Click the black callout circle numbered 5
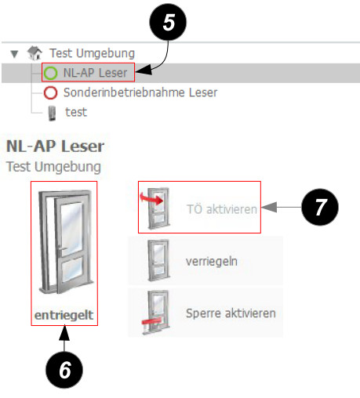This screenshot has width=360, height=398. (x=168, y=22)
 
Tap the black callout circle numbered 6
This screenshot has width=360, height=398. (x=64, y=370)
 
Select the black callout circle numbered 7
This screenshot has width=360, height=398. (x=320, y=207)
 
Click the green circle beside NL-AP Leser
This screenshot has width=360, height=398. (x=50, y=73)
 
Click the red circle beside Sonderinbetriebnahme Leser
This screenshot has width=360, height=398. (x=50, y=92)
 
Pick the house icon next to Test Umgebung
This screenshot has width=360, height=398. (x=35, y=53)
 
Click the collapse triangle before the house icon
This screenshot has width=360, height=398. (x=14, y=54)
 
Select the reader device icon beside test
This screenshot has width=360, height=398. (x=53, y=113)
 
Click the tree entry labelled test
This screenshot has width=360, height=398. (x=76, y=112)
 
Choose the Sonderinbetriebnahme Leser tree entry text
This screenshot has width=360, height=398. (x=140, y=92)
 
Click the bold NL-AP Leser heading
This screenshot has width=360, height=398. (x=55, y=147)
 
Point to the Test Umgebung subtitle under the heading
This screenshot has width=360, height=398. (x=53, y=167)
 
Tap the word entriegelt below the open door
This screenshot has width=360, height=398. (x=64, y=315)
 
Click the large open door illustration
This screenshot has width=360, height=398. (x=65, y=241)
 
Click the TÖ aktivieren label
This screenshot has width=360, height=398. (x=222, y=209)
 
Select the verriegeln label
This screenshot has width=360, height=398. (x=212, y=261)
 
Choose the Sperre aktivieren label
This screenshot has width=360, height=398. (x=231, y=313)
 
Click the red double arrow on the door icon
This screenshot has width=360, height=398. (x=151, y=198)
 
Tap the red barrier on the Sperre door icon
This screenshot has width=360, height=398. (x=151, y=321)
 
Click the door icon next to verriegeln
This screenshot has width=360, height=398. (x=158, y=260)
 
